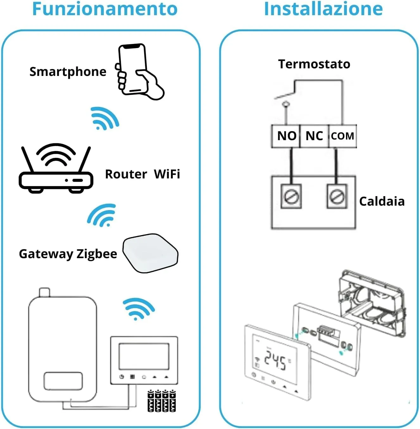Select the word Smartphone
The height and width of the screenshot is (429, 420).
pyautogui.click(x=68, y=72)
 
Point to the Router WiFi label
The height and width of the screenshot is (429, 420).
pyautogui.click(x=142, y=174)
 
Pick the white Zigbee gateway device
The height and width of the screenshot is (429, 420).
pyautogui.click(x=150, y=253)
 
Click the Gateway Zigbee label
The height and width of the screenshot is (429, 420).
pyautogui.click(x=68, y=254)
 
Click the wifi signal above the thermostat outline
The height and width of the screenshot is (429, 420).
pyautogui.click(x=138, y=308)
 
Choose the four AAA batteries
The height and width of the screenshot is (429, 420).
pyautogui.click(x=161, y=401)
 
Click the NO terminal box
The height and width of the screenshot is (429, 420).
pyautogui.click(x=286, y=136)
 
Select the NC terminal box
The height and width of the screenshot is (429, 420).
pyautogui.click(x=314, y=136)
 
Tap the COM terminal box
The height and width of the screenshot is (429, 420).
pyautogui.click(x=342, y=136)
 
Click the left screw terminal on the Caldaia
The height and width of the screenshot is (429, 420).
pyautogui.click(x=291, y=196)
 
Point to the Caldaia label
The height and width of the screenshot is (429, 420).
pyautogui.click(x=382, y=202)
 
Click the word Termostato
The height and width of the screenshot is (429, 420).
pyautogui.click(x=314, y=64)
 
